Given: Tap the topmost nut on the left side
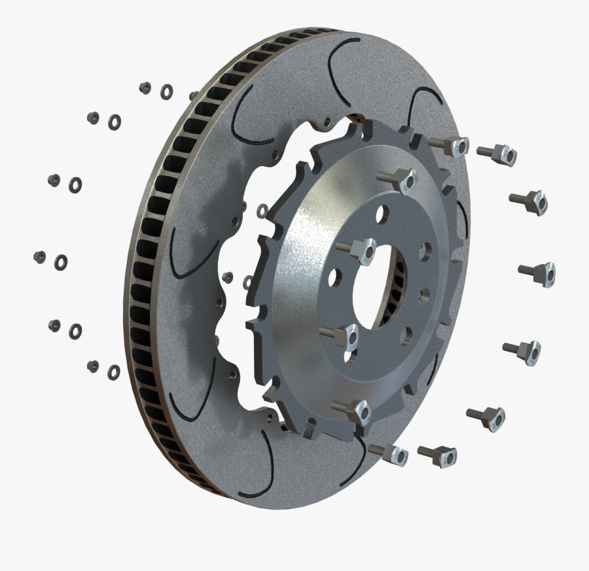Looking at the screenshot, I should [x=145, y=88].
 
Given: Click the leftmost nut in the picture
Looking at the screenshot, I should [x=39, y=257].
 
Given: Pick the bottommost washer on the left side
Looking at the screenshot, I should [x=113, y=372].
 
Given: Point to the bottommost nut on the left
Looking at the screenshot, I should [x=93, y=366].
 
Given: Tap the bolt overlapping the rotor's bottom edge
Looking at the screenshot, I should [x=388, y=453].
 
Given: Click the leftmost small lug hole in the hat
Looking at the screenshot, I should [x=335, y=278].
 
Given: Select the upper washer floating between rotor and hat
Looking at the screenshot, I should [x=261, y=210].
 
